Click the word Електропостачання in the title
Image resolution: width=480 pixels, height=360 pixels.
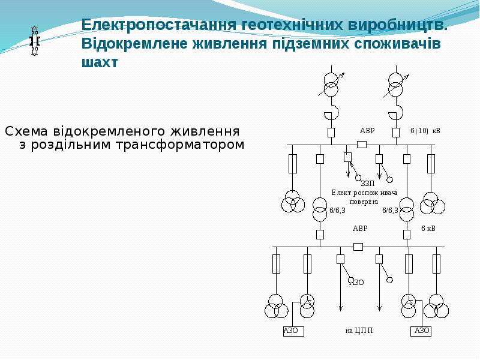click(160, 25)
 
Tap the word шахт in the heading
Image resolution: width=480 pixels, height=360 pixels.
click(100, 62)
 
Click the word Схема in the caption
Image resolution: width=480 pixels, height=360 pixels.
click(26, 131)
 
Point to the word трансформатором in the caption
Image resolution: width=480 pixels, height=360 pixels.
click(180, 145)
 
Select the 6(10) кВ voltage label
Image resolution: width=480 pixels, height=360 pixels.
click(425, 131)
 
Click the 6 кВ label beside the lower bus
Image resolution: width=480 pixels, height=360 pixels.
click(428, 229)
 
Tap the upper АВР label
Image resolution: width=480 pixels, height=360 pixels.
click(367, 131)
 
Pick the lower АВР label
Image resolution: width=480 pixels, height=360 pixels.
click(361, 229)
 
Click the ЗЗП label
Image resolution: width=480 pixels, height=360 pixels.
click(368, 184)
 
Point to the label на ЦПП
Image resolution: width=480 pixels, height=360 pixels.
click(359, 331)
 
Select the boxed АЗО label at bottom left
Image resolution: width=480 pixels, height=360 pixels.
click(293, 331)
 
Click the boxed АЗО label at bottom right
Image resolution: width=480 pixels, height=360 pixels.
click(421, 331)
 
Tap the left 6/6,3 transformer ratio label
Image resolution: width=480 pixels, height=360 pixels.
click(337, 211)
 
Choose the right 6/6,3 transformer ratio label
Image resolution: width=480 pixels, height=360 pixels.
click(391, 211)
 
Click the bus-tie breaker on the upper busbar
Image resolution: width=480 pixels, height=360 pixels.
click(362, 145)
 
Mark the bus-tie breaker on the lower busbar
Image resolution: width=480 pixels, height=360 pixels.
click(358, 247)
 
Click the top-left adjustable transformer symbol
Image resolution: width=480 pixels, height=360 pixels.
click(331, 85)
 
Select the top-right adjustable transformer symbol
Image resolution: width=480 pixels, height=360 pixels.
click(396, 85)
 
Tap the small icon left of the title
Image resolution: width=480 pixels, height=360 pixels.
click(35, 41)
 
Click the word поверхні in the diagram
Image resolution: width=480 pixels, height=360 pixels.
click(364, 202)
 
